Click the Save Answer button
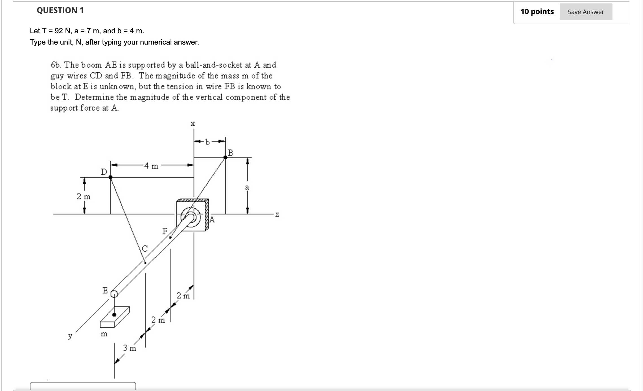586,12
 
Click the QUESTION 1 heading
60,10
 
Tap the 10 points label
537,12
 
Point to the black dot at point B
225,157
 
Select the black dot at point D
110,177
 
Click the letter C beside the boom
145,249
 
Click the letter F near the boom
165,231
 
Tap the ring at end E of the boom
114,294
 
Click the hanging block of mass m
115,317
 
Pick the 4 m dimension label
151,166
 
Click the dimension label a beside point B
247,187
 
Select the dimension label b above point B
207,142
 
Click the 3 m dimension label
130,348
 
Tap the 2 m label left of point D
84,196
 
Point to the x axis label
193,124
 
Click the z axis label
277,215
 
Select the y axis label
70,336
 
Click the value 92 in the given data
58,31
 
